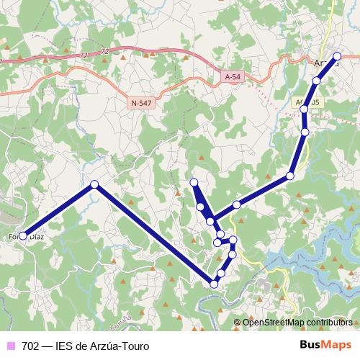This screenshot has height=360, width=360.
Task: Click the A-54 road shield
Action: click(232, 76)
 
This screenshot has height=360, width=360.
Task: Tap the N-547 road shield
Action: click(141, 104)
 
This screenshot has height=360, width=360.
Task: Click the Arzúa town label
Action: click(325, 63)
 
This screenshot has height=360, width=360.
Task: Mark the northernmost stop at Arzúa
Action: click(337, 56)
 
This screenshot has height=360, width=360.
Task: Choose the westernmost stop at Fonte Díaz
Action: click(23, 235)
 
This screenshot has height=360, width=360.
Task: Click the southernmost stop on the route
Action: click(214, 284)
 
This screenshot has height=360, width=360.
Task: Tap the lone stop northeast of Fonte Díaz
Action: click(94, 184)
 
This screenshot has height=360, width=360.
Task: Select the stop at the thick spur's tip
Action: click(193, 182)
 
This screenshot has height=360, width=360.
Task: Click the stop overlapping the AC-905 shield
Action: click(305, 109)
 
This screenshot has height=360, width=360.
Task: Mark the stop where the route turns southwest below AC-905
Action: click(290, 176)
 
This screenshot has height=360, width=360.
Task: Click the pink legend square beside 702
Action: click(10, 346)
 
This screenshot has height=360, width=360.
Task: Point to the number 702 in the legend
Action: click(31, 346)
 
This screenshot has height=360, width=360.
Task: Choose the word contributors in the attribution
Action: click(329, 323)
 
